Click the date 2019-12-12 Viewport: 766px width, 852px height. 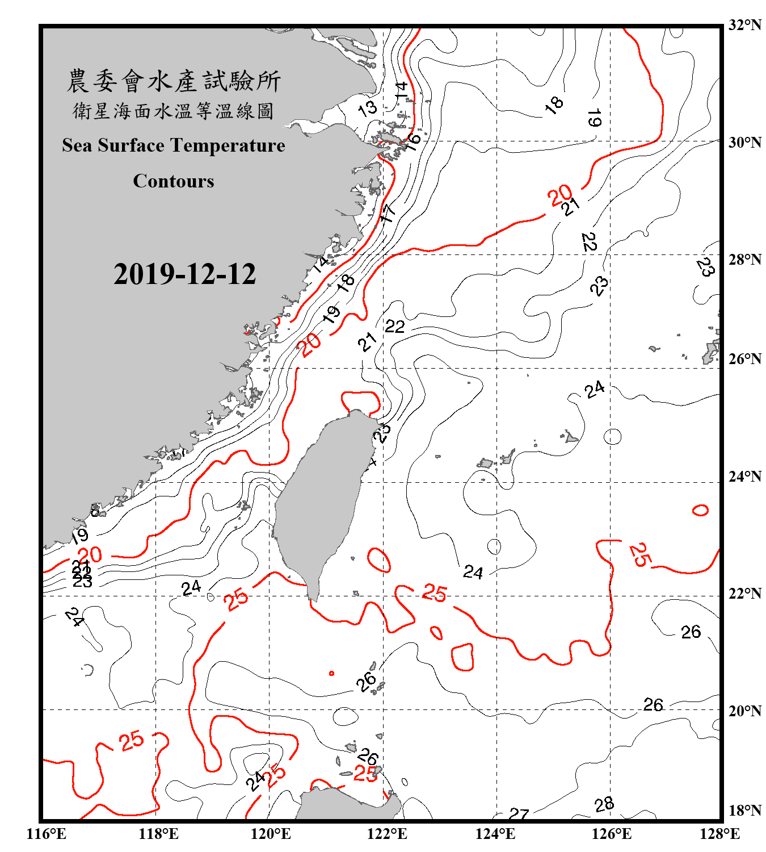point(184,274)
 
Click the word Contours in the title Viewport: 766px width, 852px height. point(174,181)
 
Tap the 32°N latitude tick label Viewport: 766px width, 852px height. point(744,25)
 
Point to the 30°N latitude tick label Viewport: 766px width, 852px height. point(744,142)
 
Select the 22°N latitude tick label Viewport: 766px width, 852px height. point(744,594)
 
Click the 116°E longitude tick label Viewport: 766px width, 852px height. point(47,834)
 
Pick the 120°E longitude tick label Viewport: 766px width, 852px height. point(271,834)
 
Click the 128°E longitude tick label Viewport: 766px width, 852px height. point(719,834)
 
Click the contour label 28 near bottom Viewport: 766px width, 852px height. point(604,804)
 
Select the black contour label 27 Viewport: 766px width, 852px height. point(519,815)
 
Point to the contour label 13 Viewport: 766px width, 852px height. point(368,107)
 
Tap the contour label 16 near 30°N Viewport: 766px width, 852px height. point(413,141)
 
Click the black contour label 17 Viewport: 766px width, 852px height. point(388,214)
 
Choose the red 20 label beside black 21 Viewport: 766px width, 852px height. point(559,195)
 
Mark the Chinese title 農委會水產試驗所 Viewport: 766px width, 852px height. point(174,81)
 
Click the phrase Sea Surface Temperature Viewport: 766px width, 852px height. point(174,145)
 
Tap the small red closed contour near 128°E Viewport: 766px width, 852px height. point(700,510)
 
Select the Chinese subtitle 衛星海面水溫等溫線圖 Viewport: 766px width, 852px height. point(174,111)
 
